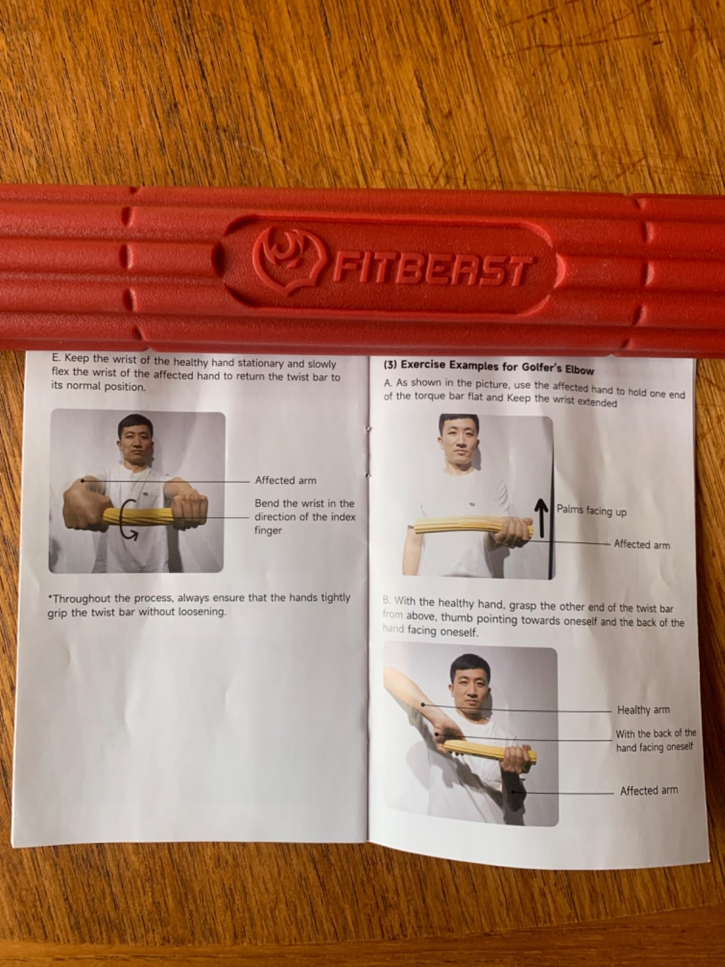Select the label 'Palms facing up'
(x=591, y=510)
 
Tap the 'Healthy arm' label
(x=643, y=710)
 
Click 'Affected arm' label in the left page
(x=285, y=481)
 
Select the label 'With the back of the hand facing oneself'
(x=655, y=741)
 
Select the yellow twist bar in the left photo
(x=142, y=514)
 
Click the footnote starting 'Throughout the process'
(x=198, y=605)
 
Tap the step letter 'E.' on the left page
(x=56, y=358)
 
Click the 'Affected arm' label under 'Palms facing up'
(x=641, y=545)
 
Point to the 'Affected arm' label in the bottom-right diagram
(x=649, y=790)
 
